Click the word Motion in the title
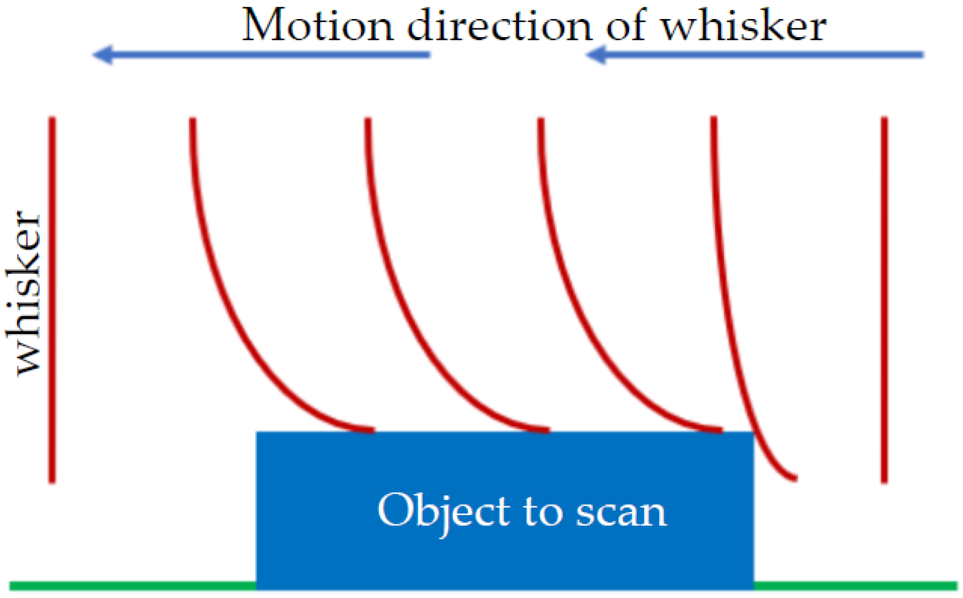(x=317, y=25)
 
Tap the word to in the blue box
(x=542, y=513)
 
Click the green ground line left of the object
(x=132, y=585)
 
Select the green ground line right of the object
(x=855, y=585)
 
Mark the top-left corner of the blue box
(x=257, y=433)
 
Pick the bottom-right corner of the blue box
(x=753, y=588)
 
